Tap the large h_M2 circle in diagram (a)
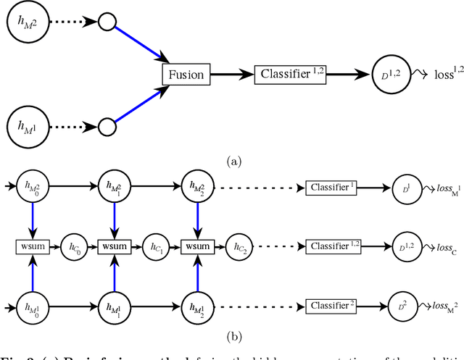pyautogui.click(x=30, y=23)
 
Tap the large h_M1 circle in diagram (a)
pyautogui.click(x=30, y=126)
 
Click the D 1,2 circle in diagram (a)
pyautogui.click(x=391, y=75)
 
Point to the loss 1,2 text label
pyautogui.click(x=434, y=74)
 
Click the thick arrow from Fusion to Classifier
pyautogui.click(x=231, y=75)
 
